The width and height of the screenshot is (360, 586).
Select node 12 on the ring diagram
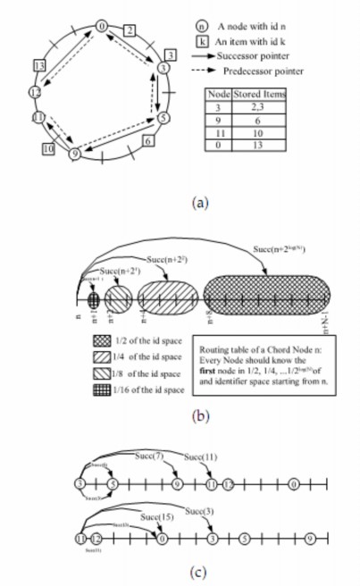pyautogui.click(x=35, y=92)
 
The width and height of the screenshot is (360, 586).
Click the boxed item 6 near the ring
pyautogui.click(x=147, y=140)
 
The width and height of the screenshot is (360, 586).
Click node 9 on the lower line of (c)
pyautogui.click(x=309, y=540)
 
